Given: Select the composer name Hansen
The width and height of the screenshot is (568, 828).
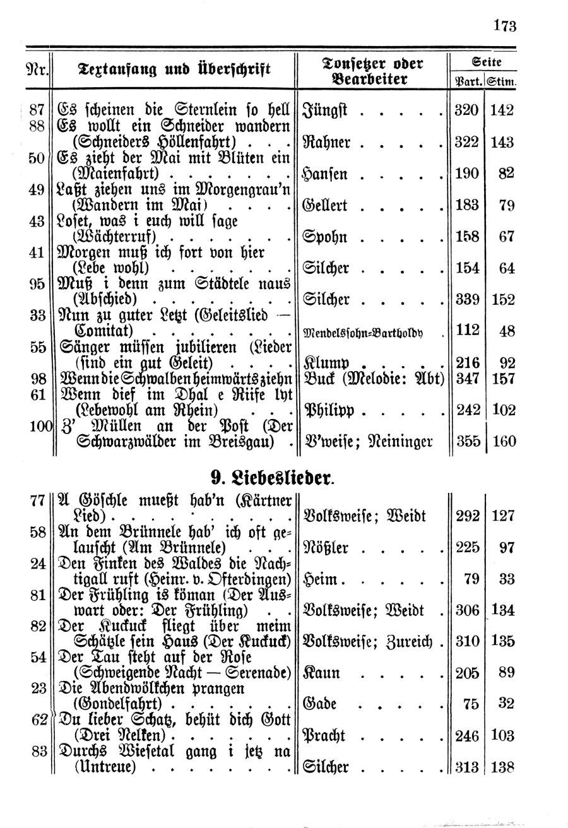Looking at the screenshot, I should [x=326, y=174].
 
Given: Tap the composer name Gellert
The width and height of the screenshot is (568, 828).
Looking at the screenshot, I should [x=326, y=206].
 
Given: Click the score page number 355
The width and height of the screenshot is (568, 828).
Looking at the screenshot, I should [x=467, y=441].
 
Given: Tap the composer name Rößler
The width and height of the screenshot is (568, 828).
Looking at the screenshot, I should [x=326, y=547].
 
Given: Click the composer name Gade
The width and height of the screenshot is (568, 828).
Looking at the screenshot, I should [x=320, y=703].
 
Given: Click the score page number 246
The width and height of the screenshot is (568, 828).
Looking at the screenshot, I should [x=467, y=735].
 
